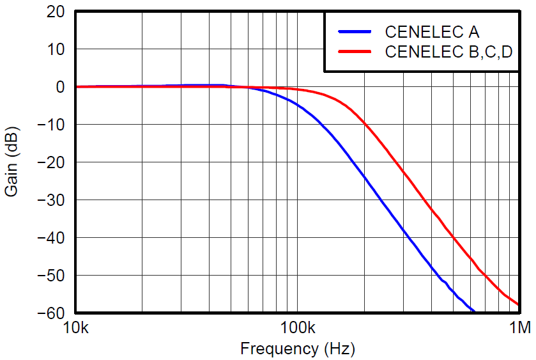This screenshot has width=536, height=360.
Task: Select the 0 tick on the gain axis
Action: coord(61,87)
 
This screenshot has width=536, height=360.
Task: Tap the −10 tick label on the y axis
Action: coord(51,125)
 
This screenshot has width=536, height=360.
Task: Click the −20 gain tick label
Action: coord(51,162)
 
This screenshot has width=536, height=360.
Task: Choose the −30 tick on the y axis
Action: coord(51,200)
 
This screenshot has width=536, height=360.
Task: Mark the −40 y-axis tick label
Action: coord(51,238)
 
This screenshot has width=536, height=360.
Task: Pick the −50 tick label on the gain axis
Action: coord(51,276)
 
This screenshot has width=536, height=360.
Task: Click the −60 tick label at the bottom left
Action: coord(51,313)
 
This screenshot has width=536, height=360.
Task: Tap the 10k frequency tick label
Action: coord(76,329)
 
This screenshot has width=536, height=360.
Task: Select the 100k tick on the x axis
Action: coord(298,329)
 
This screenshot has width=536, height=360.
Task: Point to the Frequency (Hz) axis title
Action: coord(297,349)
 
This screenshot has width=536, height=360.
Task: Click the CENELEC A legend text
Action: coord(432,31)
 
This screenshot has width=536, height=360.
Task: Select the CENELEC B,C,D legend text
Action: coord(448,52)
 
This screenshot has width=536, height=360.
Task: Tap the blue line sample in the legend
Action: coord(355,31)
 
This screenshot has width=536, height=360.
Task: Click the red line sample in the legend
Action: coord(355,52)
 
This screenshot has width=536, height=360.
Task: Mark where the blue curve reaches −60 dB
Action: coord(474,312)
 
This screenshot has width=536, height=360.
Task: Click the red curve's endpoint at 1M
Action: coord(518,304)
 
